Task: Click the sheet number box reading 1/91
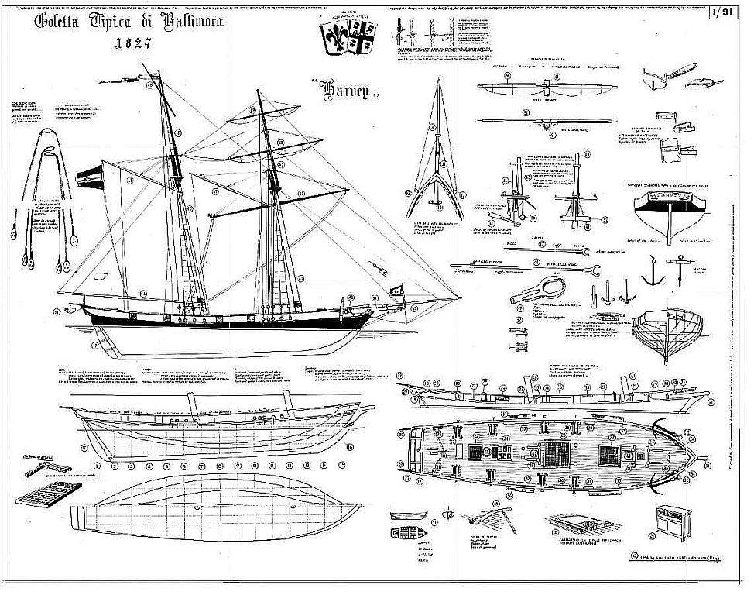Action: (725, 12)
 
